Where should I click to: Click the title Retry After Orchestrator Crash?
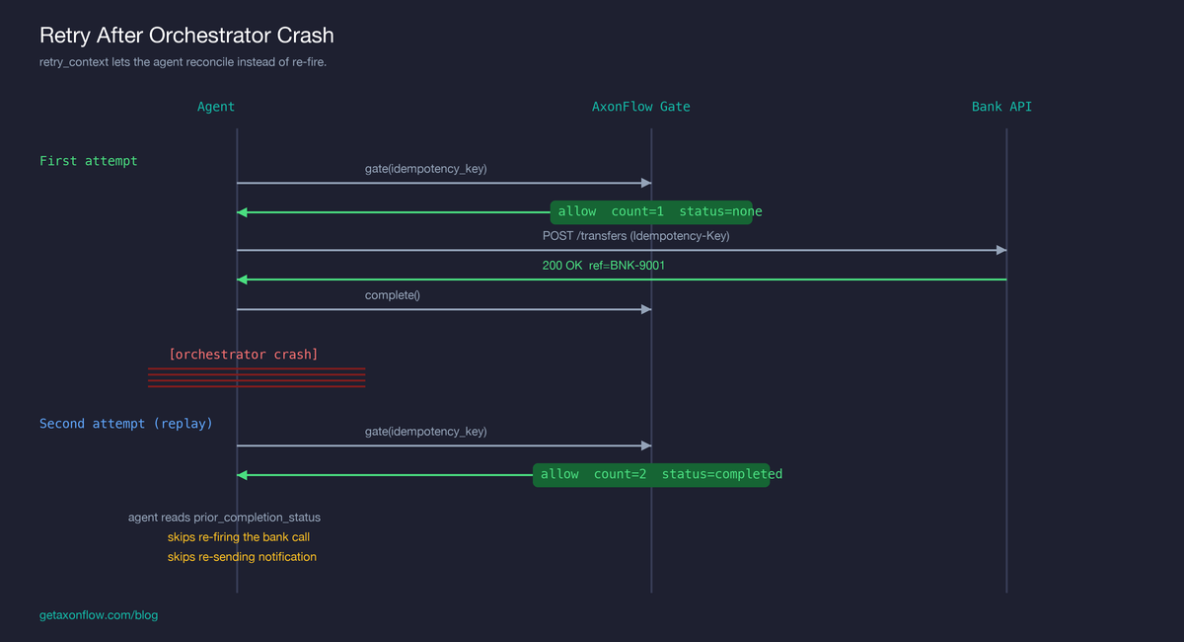[x=186, y=36]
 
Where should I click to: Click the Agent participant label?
[x=216, y=107]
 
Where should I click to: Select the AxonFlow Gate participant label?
[x=640, y=107]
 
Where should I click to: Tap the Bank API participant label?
[x=1001, y=107]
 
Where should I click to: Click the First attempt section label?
[x=89, y=161]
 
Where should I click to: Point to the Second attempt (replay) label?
[x=125, y=424]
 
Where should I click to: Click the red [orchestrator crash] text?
[x=243, y=354]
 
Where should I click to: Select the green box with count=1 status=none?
[x=651, y=211]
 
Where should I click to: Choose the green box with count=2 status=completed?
[x=651, y=475]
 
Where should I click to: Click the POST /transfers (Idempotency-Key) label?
[x=635, y=236]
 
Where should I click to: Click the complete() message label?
[x=393, y=295]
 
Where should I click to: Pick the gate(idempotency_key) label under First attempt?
[x=425, y=169]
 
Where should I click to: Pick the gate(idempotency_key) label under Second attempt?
[x=425, y=432]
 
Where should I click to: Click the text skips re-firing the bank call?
[x=239, y=537]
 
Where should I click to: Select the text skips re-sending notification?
[x=242, y=557]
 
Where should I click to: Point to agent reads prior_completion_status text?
[x=224, y=518]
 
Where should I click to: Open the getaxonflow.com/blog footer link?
[x=99, y=615]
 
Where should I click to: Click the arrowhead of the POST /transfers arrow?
[x=1000, y=251]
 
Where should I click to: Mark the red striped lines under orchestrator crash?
[x=257, y=377]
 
